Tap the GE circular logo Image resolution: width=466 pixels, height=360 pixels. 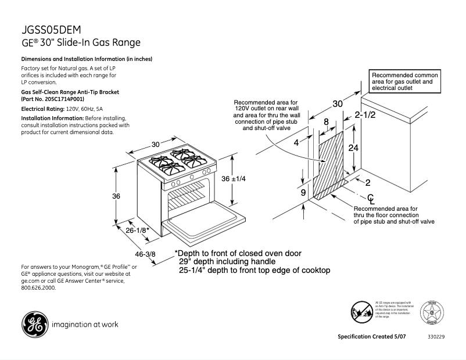[34, 324]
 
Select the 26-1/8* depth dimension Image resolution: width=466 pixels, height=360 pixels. [138, 231]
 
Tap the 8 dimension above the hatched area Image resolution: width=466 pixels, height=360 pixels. [326, 122]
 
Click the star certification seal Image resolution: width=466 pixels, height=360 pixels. [432, 312]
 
